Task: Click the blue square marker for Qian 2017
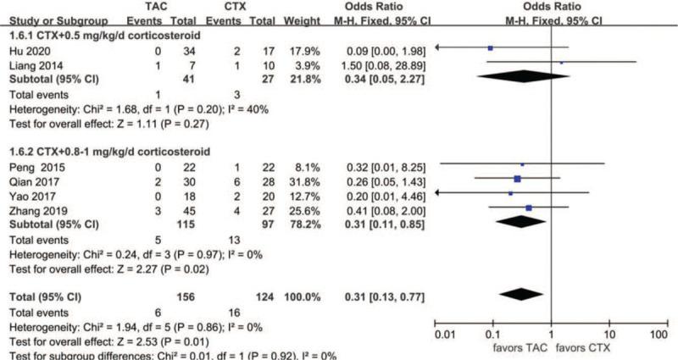[x=517, y=179]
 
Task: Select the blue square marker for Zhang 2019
[x=529, y=207]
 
